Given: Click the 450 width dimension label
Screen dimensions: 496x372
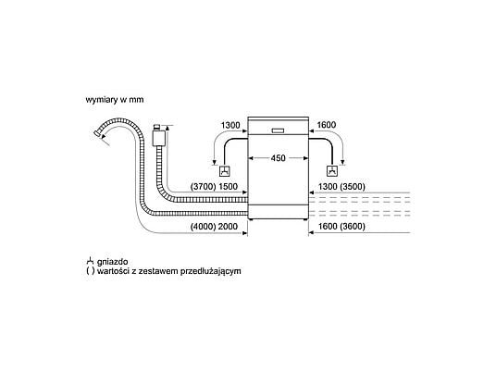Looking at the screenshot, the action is (x=278, y=158).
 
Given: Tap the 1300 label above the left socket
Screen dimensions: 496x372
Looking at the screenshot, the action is (x=230, y=125).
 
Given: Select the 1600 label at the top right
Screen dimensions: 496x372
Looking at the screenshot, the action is (x=327, y=125).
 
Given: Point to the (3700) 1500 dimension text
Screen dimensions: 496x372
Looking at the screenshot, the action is (x=214, y=187).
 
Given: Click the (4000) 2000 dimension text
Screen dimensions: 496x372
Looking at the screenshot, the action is (x=214, y=227).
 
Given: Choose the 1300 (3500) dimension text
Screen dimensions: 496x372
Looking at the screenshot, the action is (x=341, y=187).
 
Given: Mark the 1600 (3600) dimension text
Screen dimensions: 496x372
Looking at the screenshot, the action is (x=341, y=227).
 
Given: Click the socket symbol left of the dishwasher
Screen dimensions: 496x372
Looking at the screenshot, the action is (x=225, y=171).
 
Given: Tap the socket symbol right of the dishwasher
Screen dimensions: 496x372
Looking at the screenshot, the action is (x=331, y=171).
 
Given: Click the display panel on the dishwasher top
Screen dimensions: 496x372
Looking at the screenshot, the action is (x=278, y=130).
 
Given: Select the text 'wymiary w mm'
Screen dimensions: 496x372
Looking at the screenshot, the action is (x=115, y=100).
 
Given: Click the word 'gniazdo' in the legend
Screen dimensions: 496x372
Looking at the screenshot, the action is (x=113, y=262).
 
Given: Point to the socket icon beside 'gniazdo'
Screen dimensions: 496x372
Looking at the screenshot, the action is (x=90, y=261).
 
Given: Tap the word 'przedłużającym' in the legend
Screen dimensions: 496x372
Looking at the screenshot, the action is (x=211, y=271).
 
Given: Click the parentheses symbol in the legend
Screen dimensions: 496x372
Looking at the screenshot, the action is (x=90, y=271).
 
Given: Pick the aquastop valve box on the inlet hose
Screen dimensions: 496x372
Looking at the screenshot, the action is (x=159, y=138).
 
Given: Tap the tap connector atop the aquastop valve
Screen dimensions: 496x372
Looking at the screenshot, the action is (x=157, y=127).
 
